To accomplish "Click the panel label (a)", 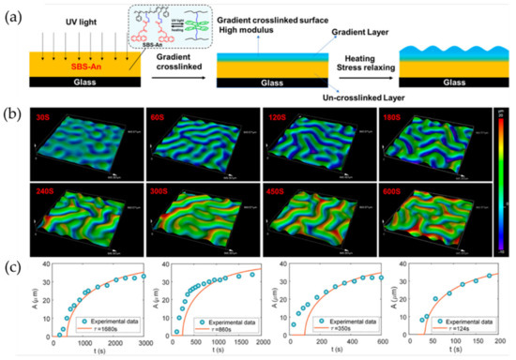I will coord(12,14).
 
